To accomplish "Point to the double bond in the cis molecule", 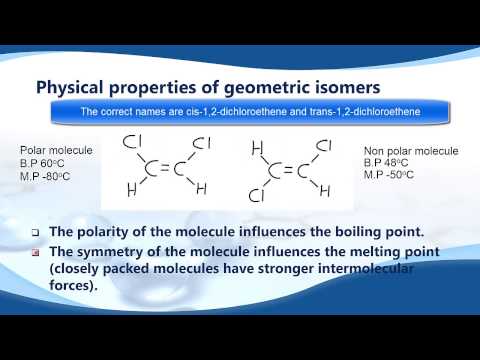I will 166,168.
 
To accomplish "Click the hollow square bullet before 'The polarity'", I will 37,231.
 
